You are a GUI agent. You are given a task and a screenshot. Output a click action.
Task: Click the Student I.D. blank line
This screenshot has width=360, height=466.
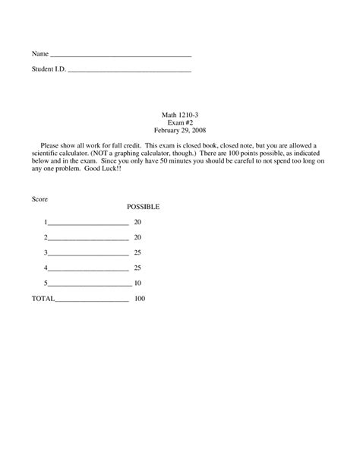[129, 71]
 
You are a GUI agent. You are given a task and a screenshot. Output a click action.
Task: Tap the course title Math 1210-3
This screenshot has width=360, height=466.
[180, 115]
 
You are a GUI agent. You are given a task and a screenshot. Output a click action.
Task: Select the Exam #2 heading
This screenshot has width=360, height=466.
[180, 122]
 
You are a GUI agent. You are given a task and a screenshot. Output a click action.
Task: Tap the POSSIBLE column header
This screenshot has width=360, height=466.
[143, 207]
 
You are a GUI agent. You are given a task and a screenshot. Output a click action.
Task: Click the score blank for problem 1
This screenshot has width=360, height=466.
[88, 223]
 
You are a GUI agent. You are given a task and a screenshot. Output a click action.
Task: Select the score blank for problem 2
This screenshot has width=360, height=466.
[88, 238]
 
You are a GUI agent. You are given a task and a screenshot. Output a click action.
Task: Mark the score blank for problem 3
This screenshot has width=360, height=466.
[88, 253]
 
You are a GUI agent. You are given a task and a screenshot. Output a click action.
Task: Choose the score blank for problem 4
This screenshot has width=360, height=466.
[88, 268]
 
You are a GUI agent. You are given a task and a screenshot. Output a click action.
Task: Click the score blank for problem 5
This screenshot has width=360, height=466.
[88, 284]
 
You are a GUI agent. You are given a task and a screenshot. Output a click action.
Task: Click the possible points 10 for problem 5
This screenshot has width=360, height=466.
[137, 283]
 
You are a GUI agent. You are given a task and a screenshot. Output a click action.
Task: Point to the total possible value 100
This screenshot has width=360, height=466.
[139, 298]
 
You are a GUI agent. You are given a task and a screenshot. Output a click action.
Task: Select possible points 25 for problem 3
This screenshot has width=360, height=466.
[137, 252]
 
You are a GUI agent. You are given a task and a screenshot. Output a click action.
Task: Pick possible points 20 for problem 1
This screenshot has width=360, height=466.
[137, 222]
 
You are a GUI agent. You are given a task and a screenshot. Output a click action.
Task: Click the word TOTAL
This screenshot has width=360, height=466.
[43, 298]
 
